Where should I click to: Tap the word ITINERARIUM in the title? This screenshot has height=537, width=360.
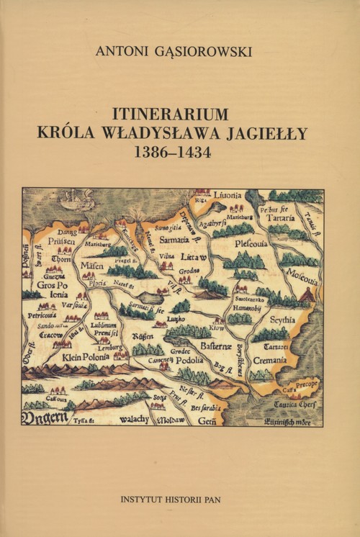(x=171, y=114)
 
